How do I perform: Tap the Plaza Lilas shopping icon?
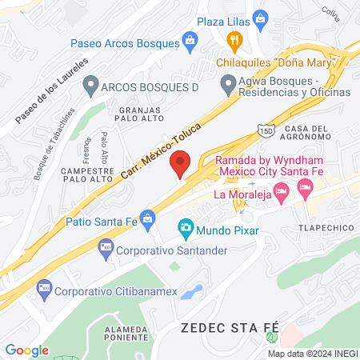pyautogui.click(x=259, y=18)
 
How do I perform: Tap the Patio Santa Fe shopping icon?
pyautogui.click(x=147, y=217)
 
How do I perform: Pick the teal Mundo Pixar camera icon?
pyautogui.click(x=186, y=230)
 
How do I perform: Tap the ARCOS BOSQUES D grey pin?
pyautogui.click(x=91, y=83)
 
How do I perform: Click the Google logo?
pyautogui.click(x=27, y=350)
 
